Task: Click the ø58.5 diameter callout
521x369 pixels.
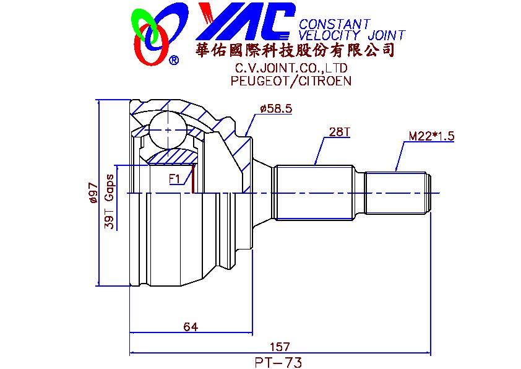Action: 276,108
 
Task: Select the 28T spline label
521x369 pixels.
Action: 339,132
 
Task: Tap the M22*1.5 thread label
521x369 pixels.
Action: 431,136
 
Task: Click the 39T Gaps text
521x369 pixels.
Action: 110,202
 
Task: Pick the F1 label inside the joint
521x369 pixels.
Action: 174,179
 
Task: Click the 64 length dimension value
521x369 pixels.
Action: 191,327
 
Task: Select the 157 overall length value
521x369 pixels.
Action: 280,347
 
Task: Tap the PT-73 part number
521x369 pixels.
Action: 278,362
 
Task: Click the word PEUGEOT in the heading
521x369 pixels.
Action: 260,80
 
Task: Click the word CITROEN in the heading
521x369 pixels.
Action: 325,80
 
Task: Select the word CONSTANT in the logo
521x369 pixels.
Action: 334,24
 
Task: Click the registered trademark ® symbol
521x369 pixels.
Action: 174,60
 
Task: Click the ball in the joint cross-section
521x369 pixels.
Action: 168,130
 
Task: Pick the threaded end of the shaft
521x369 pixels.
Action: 398,193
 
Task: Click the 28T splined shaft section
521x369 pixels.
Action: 314,193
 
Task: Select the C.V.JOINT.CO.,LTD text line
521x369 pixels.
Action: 291,68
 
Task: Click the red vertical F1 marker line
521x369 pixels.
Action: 192,178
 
